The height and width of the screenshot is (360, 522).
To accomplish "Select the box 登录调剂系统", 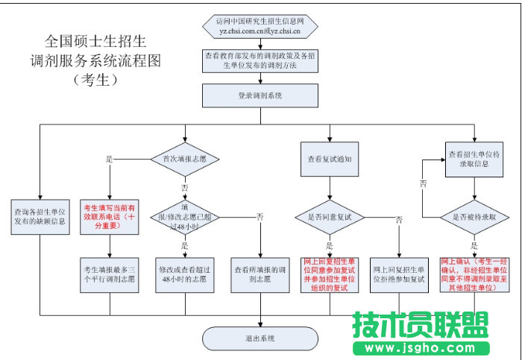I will point(260,95).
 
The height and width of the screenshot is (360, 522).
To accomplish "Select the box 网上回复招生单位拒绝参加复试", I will point(399,273).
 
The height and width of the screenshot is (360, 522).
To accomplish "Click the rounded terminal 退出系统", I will point(260,338).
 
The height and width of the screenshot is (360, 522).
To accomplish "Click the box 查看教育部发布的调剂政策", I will point(260,60).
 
